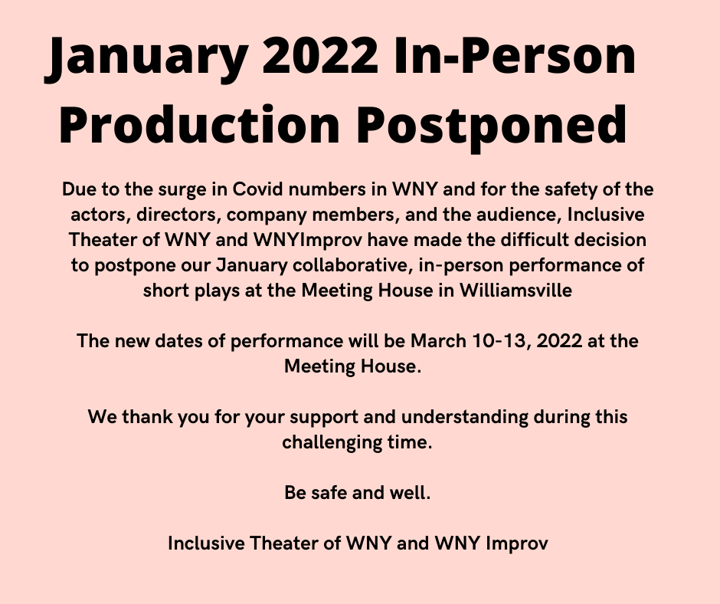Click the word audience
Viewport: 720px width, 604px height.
(x=519, y=215)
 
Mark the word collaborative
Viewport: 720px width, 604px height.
(x=352, y=265)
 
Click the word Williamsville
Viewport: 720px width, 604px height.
(x=515, y=291)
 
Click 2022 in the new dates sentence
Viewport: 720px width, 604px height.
(x=559, y=342)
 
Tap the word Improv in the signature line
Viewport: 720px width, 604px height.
(x=516, y=543)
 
